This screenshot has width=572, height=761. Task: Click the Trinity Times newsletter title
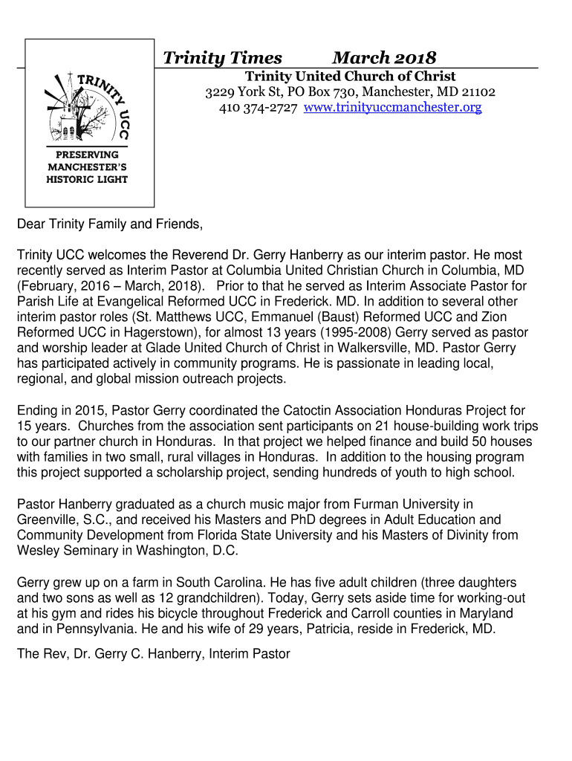222,58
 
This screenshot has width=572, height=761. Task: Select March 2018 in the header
384,58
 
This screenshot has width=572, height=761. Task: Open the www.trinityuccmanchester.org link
393,108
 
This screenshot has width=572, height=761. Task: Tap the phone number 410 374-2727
258,108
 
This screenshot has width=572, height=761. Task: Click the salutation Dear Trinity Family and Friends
110,224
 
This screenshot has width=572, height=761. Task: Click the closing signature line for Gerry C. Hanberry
153,654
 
